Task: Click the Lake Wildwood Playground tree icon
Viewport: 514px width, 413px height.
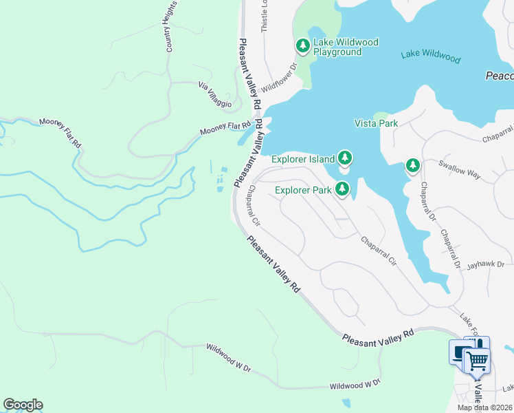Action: coord(302,46)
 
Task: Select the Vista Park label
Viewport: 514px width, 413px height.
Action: coord(376,123)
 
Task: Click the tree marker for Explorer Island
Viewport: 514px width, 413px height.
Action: coord(344,158)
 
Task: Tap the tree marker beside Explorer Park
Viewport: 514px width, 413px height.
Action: coord(342,189)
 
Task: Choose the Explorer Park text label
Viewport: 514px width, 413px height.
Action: coord(303,190)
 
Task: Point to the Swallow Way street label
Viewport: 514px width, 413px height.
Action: coord(460,171)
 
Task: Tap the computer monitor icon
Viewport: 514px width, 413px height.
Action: coord(459,352)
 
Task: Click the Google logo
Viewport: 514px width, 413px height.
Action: coord(23,405)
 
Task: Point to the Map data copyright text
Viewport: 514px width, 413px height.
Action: coord(485,407)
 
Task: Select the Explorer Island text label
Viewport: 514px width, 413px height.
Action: coord(303,159)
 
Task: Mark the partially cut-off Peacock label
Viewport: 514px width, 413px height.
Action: coord(500,76)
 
